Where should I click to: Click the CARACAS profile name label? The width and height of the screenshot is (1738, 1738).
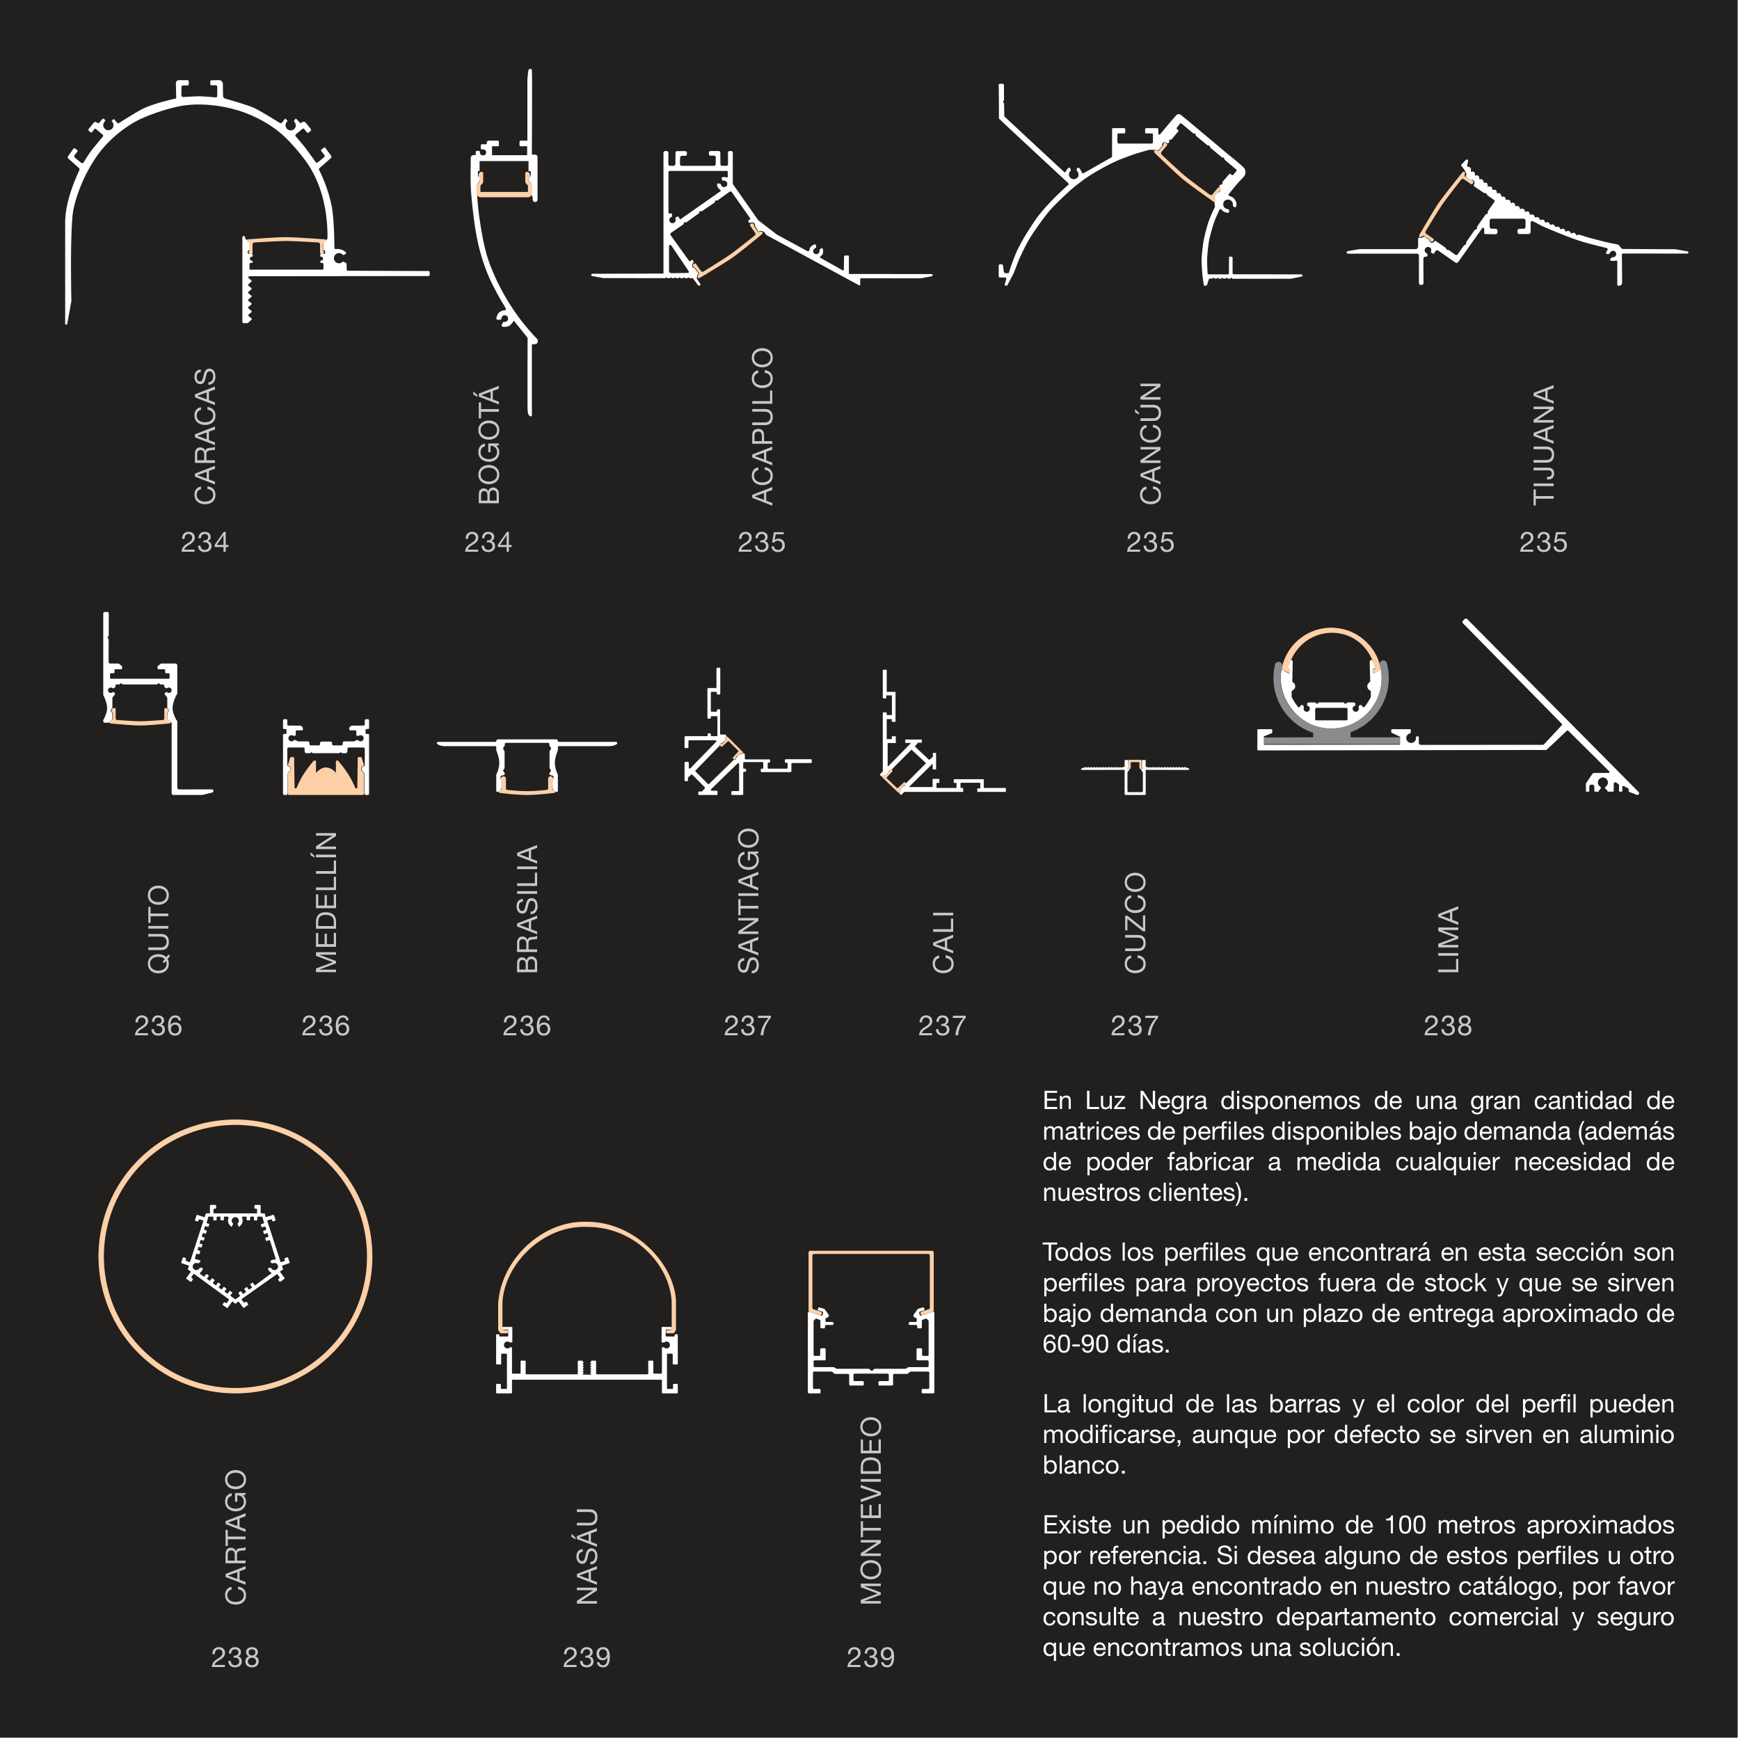[205, 436]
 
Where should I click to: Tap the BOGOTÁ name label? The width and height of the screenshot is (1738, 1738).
[488, 445]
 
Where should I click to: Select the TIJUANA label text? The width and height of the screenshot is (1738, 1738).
[1544, 445]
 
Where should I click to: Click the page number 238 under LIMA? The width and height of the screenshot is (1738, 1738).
[1447, 1026]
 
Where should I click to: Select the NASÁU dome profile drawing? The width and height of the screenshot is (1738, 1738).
[587, 1308]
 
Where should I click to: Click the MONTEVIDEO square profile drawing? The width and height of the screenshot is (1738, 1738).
[871, 1321]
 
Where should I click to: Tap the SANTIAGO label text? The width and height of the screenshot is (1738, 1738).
[749, 900]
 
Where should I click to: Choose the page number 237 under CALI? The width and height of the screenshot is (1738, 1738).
[942, 1026]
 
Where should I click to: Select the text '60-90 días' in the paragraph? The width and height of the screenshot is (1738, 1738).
[1106, 1344]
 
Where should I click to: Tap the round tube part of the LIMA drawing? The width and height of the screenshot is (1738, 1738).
[1330, 681]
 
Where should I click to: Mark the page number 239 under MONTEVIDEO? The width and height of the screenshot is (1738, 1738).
[871, 1657]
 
